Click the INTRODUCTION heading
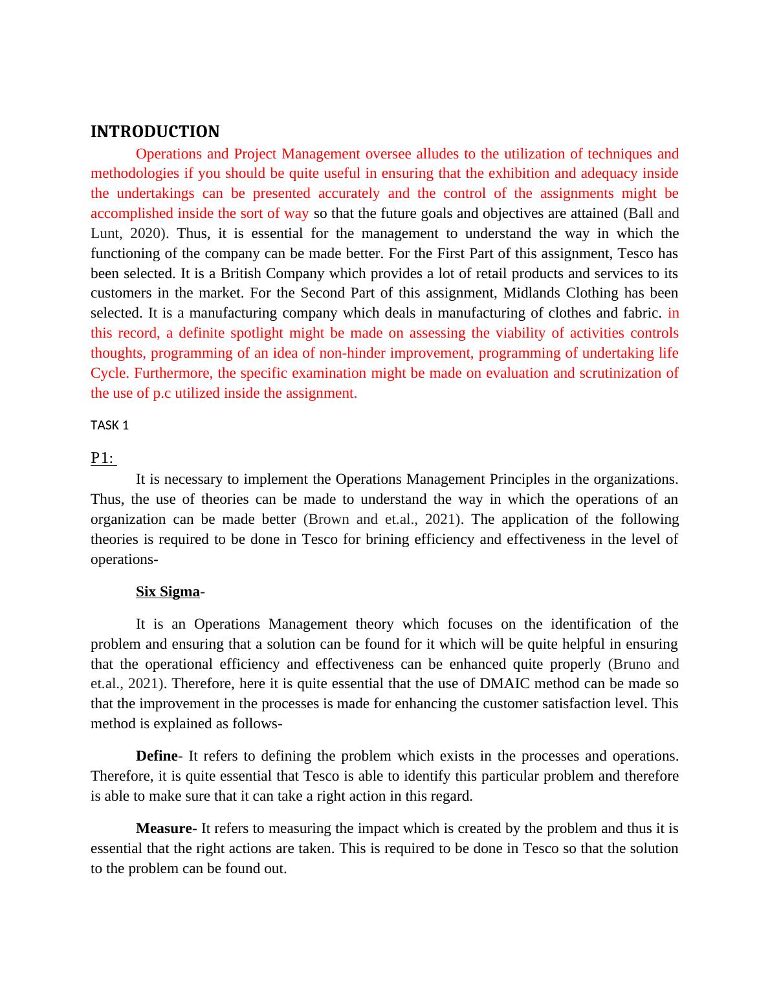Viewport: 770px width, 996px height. pos(155,132)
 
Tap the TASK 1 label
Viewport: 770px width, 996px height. pos(109,425)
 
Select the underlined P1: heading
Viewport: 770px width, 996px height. pos(102,459)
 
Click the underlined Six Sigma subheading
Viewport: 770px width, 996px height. pos(168,592)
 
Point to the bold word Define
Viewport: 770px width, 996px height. pos(156,756)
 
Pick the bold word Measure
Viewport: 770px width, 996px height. pos(164,828)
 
